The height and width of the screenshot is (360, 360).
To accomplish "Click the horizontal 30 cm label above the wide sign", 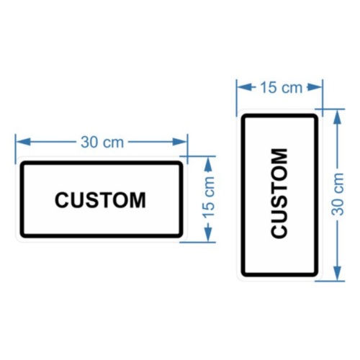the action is coord(102,142).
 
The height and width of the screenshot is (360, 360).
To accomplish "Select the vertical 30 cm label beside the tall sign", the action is coord(338,194).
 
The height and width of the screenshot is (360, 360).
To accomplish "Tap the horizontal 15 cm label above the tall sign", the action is coord(282,88).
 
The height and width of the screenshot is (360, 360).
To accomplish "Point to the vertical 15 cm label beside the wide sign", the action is coord(209,197).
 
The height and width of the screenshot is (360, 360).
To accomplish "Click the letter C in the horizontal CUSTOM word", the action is coord(63,200).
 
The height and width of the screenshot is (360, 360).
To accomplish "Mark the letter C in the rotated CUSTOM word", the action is coord(279,230).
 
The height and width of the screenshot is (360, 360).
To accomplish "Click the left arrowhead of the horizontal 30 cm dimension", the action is coord(23,142).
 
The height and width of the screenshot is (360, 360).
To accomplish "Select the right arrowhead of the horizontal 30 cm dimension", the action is coord(180,142).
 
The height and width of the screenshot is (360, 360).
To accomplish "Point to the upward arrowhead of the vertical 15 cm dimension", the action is coord(208,164).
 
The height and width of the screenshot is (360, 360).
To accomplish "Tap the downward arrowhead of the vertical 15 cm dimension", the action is coord(208,235).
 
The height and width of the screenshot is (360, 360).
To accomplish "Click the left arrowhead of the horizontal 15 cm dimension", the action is coord(245,87).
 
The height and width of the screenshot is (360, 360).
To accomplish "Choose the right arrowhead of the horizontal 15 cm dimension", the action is coord(315,87).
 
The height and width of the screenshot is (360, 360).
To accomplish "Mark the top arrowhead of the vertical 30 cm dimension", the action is coord(338,117).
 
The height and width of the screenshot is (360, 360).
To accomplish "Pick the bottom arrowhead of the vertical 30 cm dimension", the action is coord(338,273).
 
